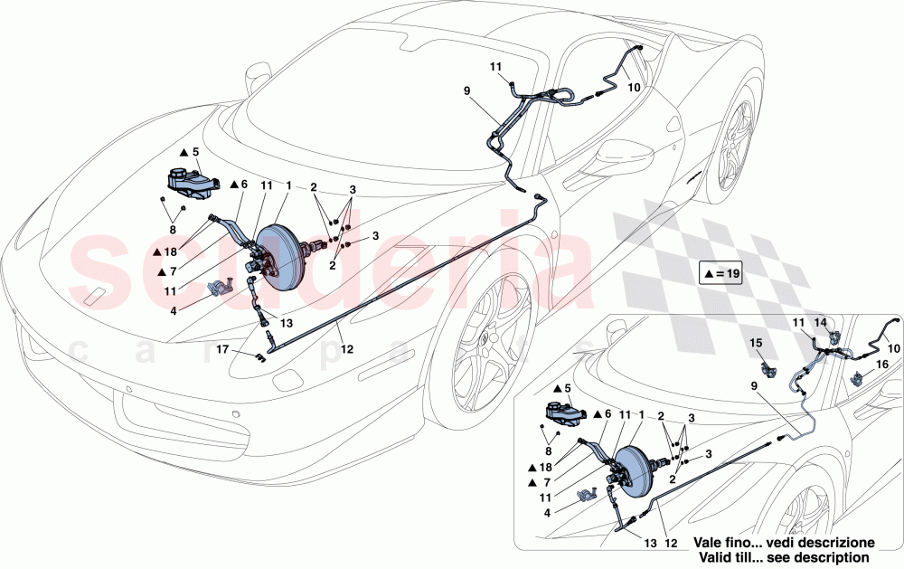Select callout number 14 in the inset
(x=821, y=322)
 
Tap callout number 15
(x=758, y=343)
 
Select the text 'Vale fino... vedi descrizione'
(x=785, y=541)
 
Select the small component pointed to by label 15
(x=770, y=370)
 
